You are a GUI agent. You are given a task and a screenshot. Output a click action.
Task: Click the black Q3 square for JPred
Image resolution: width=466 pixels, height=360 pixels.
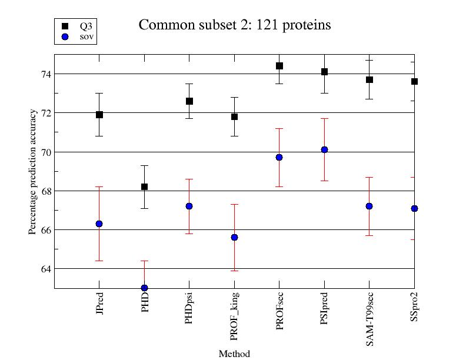(99, 115)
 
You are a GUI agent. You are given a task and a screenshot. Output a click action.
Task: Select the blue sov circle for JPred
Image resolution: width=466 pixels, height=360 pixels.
(99, 224)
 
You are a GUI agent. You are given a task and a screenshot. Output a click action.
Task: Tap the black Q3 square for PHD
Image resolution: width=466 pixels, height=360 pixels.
(144, 186)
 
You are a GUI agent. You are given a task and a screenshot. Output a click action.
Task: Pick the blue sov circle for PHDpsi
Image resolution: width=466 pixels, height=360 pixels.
(189, 206)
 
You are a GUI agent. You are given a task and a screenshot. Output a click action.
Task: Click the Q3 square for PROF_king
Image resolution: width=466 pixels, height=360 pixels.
(234, 116)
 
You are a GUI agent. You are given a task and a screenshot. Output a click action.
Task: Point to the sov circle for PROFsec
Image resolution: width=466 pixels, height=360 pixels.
(279, 157)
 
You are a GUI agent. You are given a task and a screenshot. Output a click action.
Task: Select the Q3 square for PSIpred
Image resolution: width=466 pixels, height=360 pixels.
(324, 72)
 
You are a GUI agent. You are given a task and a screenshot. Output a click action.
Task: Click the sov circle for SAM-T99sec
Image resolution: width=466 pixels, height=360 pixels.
(370, 206)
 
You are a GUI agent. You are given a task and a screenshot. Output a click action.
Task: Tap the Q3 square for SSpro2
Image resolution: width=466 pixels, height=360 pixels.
(414, 81)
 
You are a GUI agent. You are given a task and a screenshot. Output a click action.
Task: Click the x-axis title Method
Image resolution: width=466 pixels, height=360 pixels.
(234, 354)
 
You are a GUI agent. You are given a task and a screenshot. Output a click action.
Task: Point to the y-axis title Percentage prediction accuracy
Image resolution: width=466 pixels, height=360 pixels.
(33, 171)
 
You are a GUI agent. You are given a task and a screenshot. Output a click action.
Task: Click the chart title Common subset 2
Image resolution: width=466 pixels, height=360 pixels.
(234, 25)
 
